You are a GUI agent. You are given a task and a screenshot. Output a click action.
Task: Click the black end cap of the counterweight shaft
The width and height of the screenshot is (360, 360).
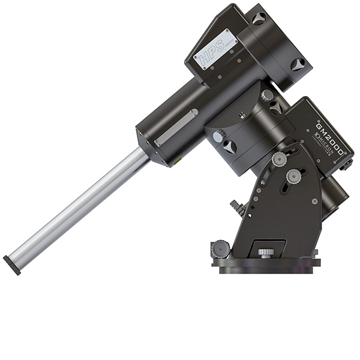coord(11,265)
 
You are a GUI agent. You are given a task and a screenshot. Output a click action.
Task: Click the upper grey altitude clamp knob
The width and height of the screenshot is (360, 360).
coord(279,159)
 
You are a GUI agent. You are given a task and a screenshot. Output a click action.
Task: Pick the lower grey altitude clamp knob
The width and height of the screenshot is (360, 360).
coord(293,176)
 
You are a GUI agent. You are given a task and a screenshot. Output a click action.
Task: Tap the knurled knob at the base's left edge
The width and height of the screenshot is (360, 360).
coord(220,248)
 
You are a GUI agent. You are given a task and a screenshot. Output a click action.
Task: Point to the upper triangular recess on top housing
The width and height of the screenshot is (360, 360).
coord(259,19)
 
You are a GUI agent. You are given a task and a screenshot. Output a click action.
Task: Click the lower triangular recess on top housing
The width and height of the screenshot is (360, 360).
coord(298,64)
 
